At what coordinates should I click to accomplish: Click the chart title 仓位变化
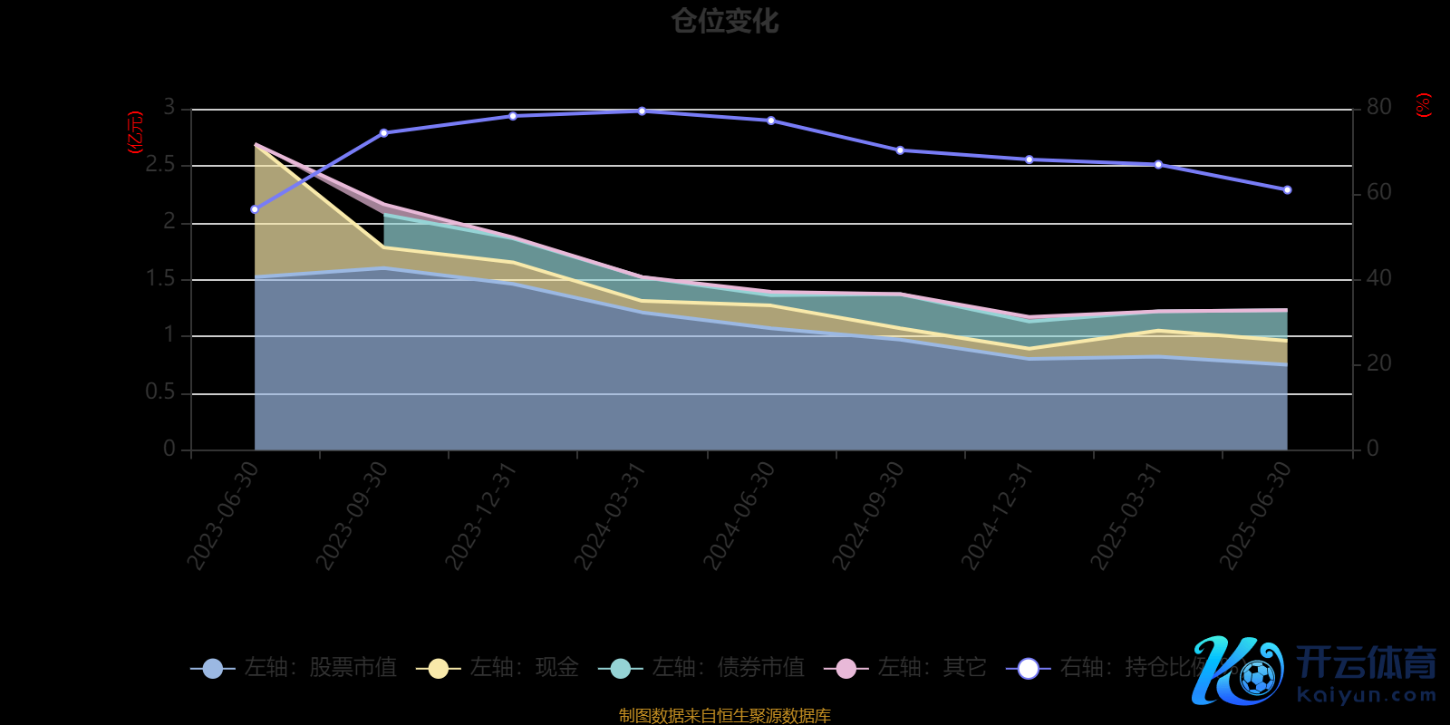[x=724, y=21]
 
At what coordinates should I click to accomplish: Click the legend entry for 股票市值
[x=294, y=669]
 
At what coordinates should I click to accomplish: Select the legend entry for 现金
[x=498, y=669]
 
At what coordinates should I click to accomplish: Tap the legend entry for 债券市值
[x=701, y=669]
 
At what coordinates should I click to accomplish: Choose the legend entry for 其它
[x=905, y=669]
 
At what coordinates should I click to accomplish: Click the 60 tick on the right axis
[x=1378, y=192]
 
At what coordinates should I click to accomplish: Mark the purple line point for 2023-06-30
[x=255, y=209]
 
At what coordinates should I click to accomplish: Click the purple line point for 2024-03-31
[x=642, y=111]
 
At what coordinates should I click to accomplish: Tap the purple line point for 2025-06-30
[x=1287, y=190]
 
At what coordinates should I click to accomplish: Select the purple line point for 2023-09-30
[x=383, y=133]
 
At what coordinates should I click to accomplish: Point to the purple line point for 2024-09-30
[x=900, y=150]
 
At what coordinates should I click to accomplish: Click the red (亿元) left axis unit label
[x=136, y=132]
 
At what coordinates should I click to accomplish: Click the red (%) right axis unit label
[x=1424, y=105]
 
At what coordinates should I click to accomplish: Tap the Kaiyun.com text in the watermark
[x=1367, y=696]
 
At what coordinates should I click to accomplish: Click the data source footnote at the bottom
[x=724, y=715]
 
